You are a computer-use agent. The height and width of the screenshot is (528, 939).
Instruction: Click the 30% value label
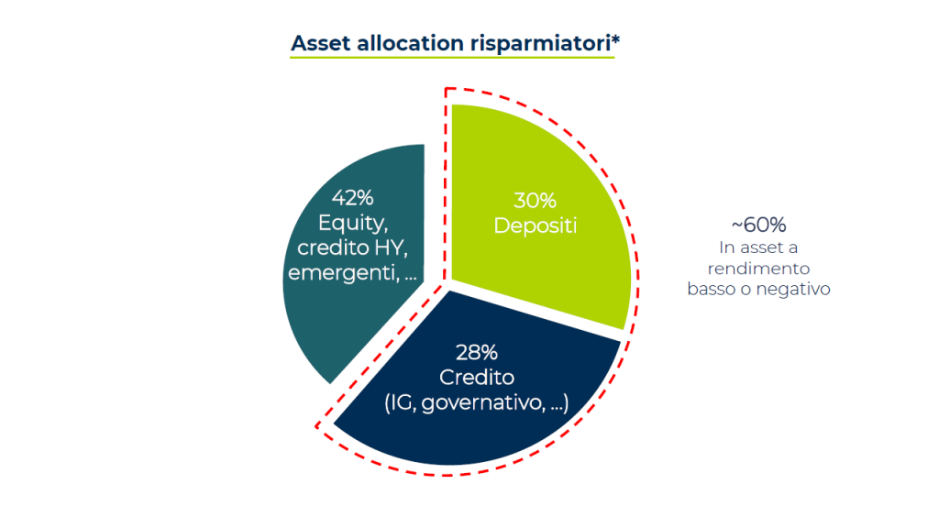[535, 201]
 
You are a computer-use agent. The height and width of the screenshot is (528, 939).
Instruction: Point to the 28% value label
[477, 353]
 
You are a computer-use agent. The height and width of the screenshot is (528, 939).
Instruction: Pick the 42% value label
[353, 198]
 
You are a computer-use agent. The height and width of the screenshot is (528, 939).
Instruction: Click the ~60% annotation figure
[758, 225]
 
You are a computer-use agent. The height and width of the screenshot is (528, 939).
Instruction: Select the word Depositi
[536, 225]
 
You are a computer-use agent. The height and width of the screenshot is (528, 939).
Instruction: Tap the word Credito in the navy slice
[477, 377]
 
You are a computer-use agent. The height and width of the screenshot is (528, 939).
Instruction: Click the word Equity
[353, 224]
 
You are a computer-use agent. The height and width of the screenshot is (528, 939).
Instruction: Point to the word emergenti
[343, 273]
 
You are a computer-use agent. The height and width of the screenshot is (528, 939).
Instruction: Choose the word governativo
[482, 403]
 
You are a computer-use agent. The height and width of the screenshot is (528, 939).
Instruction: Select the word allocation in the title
[410, 43]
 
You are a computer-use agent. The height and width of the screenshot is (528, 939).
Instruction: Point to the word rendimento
[758, 269]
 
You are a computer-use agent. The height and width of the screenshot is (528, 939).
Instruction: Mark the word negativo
[793, 289]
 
